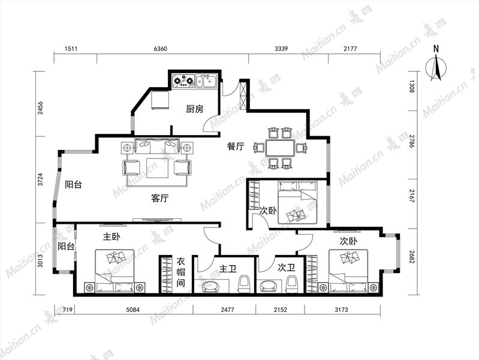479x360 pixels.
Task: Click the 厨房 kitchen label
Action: [195, 109]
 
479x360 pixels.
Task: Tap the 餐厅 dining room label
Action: [236, 146]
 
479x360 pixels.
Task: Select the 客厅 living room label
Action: [160, 198]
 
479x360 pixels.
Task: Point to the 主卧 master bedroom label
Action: [112, 236]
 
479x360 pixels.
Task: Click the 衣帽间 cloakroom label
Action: [181, 272]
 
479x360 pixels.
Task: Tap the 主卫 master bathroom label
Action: [228, 269]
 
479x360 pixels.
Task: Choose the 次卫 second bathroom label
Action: [286, 268]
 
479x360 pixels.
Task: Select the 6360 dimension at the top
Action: [161, 49]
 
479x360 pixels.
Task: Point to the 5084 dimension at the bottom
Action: [132, 310]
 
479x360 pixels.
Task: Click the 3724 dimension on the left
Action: [40, 179]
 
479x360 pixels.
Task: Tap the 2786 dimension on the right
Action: [412, 141]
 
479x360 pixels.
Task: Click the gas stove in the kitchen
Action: [183, 81]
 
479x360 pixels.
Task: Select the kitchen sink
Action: [206, 81]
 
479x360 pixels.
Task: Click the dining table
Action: [281, 148]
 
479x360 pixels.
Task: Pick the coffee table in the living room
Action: [157, 168]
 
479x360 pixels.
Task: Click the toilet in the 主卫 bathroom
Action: [245, 284]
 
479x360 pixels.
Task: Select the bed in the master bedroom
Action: [115, 271]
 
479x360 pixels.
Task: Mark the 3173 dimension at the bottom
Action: [341, 310]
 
